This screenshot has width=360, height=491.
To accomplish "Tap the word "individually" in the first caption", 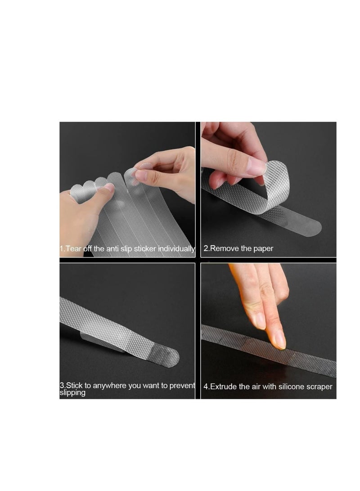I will click(177, 249).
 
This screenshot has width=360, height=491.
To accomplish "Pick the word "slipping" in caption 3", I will click(73, 393).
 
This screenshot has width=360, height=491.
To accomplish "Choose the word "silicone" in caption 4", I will click(289, 387).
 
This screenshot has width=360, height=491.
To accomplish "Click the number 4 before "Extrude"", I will click(205, 387).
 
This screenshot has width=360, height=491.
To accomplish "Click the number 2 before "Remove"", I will click(206, 248).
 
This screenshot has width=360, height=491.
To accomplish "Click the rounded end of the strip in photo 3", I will click(171, 358).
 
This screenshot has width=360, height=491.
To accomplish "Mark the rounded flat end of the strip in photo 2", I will click(313, 228).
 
